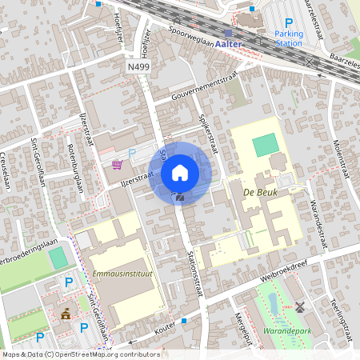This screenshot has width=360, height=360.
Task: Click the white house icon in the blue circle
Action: click(x=180, y=172)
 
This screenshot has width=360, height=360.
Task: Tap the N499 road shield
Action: click(x=138, y=68)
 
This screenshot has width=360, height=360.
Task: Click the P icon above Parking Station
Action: click(x=289, y=22)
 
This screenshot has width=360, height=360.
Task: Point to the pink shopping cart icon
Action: click(x=118, y=165)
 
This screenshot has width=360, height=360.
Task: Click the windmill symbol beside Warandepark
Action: click(x=300, y=306)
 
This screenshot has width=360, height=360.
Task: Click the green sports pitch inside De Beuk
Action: click(x=266, y=146)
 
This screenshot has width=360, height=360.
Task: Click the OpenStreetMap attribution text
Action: click(x=80, y=354)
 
